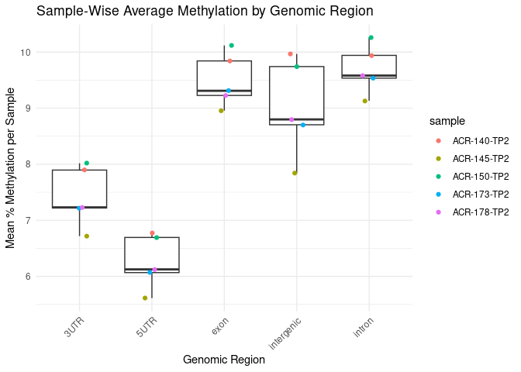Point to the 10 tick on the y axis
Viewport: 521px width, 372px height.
(x=26, y=52)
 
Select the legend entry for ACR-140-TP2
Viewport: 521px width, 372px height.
(x=481, y=141)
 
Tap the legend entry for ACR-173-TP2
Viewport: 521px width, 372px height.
(x=481, y=194)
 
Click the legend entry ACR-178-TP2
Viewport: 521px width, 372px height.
(x=481, y=212)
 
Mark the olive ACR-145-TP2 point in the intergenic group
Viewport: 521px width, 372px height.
(x=295, y=173)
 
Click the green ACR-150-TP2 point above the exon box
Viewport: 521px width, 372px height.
(x=232, y=46)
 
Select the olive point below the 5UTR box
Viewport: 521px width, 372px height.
(x=144, y=298)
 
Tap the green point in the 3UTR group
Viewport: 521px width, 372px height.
(x=87, y=164)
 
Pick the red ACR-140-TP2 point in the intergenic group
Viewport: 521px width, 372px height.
(x=290, y=54)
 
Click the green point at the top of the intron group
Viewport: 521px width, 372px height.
(x=371, y=38)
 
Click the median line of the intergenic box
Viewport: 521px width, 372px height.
(x=296, y=119)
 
